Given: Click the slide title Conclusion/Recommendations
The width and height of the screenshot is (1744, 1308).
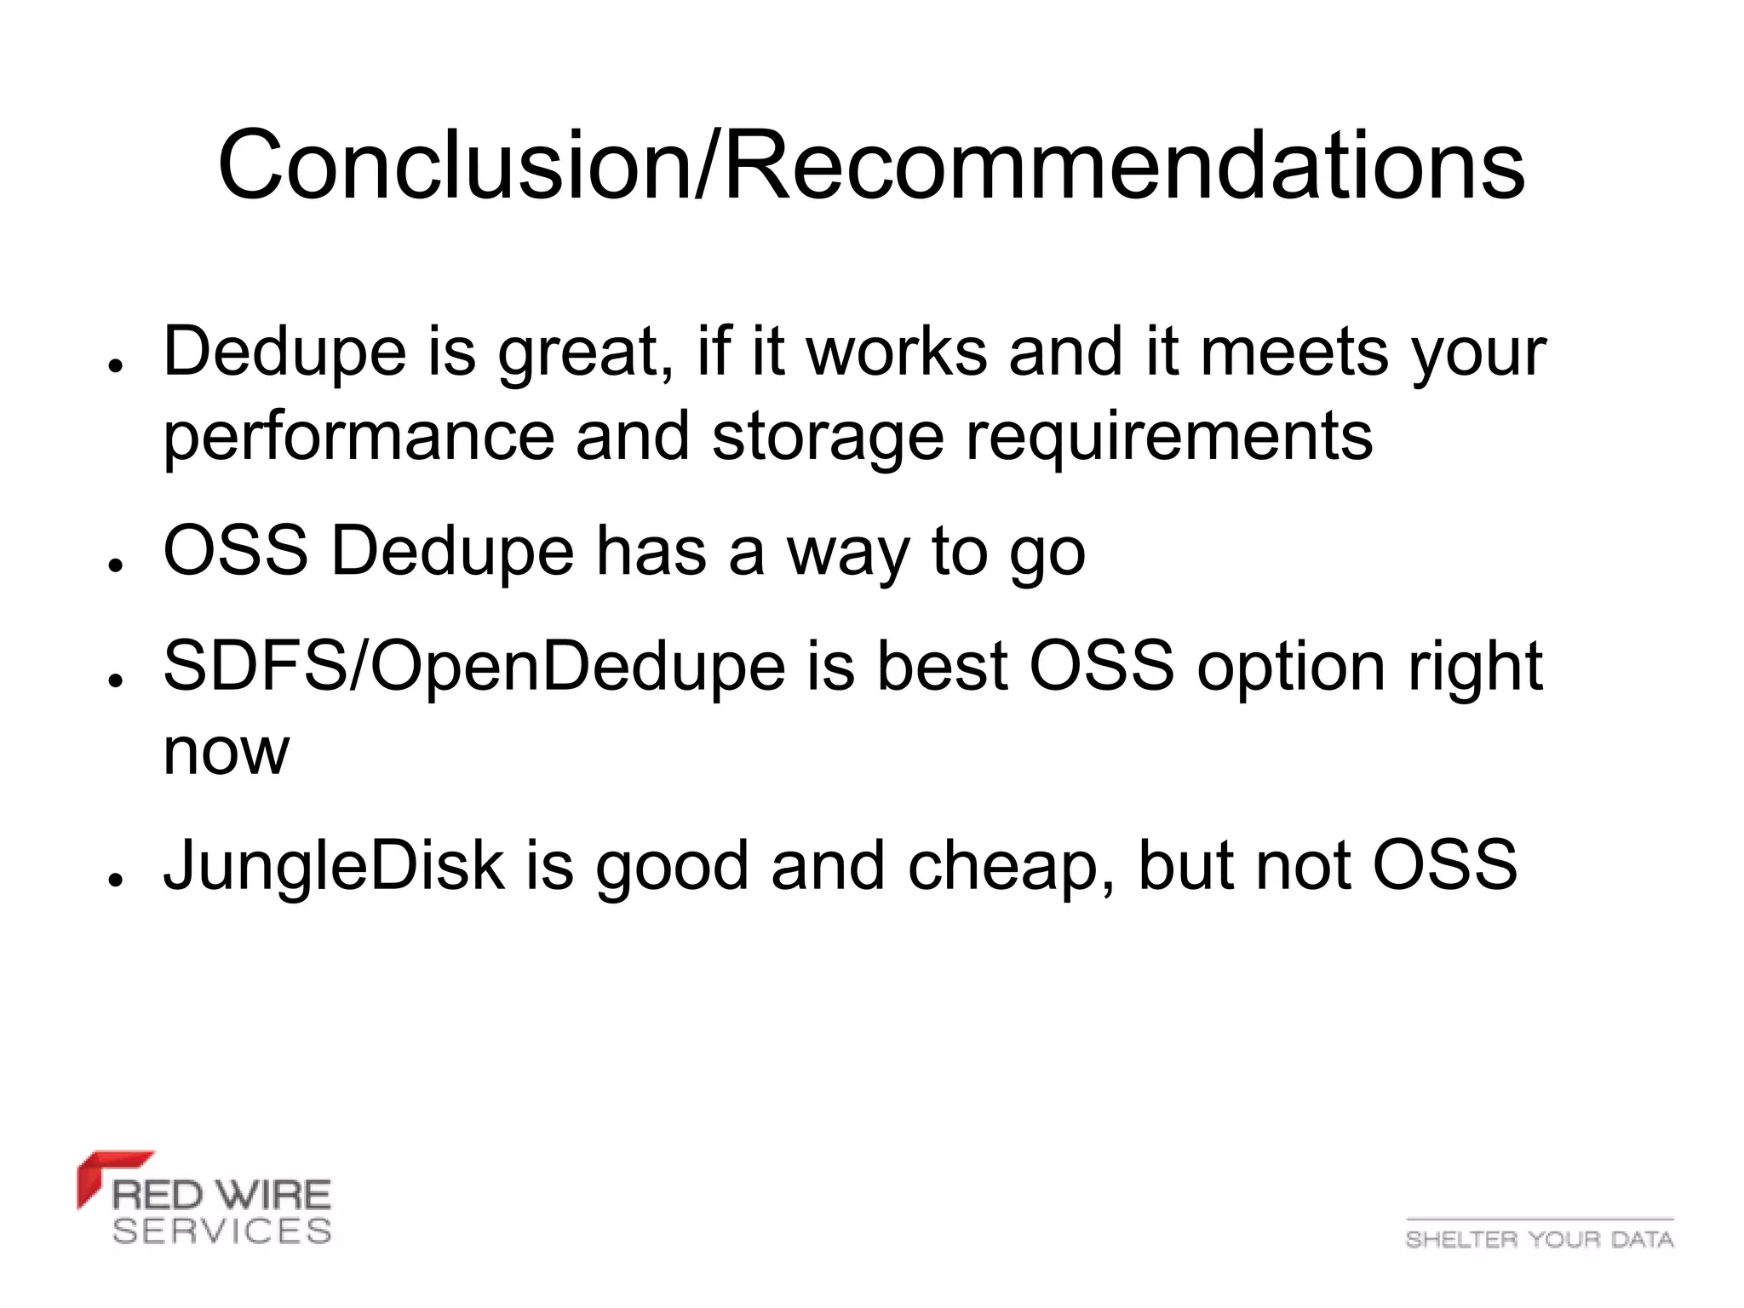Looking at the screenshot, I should [870, 165].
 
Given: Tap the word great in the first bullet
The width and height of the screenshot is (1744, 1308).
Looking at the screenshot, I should [579, 353].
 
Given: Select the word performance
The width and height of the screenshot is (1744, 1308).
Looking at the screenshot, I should [359, 438].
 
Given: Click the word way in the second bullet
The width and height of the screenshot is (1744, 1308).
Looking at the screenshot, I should [848, 554].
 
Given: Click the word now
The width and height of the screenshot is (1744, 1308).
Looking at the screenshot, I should [226, 753].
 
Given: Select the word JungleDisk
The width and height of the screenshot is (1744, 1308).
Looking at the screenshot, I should [334, 866].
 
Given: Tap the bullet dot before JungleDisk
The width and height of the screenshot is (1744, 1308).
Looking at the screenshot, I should [116, 880].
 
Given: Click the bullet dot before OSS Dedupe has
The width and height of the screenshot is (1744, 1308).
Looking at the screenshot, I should [116, 565].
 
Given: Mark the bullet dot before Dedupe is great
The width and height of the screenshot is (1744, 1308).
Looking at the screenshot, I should [116, 366].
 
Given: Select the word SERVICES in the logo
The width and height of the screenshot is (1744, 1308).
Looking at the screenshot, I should [221, 1231].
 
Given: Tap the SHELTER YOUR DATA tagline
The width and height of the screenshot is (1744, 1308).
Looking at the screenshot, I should [1539, 1239].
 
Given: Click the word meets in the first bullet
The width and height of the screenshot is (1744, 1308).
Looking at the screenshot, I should [1294, 353].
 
